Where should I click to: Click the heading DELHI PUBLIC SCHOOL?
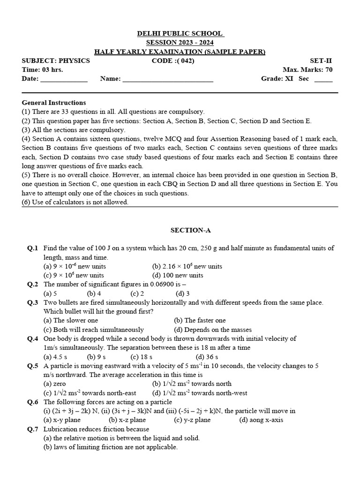[180, 34]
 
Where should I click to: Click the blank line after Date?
[64, 79]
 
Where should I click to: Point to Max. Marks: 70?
[307, 69]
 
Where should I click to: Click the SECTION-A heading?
[187, 230]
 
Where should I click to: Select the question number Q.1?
[32, 248]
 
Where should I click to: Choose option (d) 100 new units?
[178, 275]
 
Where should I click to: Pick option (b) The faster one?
[200, 321]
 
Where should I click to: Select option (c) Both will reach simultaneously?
[94, 330]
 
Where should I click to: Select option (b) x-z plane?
[127, 420]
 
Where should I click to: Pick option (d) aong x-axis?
[261, 420]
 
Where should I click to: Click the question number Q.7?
[32, 429]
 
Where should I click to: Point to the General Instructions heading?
[54, 103]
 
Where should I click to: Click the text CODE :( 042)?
[173, 60]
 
